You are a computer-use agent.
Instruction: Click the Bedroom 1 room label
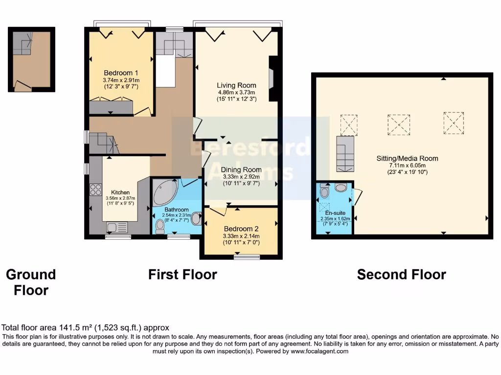point(121,73)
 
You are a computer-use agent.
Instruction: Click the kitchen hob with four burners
point(95,189)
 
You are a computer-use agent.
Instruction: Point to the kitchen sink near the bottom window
point(116,227)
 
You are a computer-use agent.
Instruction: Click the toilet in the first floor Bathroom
point(160,227)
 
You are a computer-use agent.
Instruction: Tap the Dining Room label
point(242,170)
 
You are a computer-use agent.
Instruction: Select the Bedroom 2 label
point(241,229)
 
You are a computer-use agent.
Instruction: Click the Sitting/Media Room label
point(407,158)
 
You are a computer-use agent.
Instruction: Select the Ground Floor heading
point(31,282)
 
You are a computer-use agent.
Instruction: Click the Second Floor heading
point(401,274)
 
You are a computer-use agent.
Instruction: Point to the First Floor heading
point(182,274)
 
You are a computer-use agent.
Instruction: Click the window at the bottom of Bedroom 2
point(240,257)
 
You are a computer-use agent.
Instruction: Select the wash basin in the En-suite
point(341,187)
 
